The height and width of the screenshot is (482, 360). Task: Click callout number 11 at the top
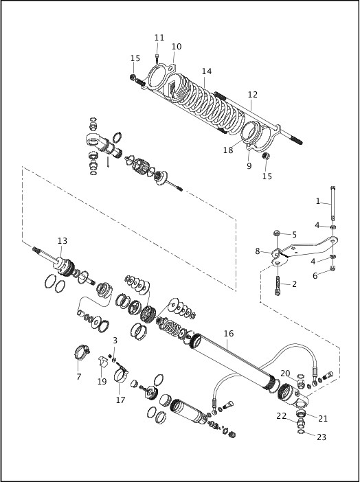pyautogui.click(x=159, y=37)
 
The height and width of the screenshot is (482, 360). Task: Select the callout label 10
pyautogui.click(x=177, y=47)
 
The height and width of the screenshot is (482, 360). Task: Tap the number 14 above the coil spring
pyautogui.click(x=207, y=71)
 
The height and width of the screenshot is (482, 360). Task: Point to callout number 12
pyautogui.click(x=253, y=95)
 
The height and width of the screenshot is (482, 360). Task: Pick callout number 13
pyautogui.click(x=63, y=241)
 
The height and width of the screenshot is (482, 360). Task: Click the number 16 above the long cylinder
pyautogui.click(x=229, y=333)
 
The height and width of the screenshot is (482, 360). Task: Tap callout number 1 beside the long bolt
pyautogui.click(x=318, y=201)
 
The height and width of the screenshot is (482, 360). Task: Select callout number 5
pyautogui.click(x=295, y=234)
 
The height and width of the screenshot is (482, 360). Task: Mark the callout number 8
pyautogui.click(x=258, y=251)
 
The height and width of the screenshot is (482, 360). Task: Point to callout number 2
pyautogui.click(x=294, y=284)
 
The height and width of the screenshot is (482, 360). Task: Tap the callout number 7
pyautogui.click(x=78, y=377)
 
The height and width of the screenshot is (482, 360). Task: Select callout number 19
pyautogui.click(x=102, y=382)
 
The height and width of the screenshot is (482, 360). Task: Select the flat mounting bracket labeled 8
pyautogui.click(x=302, y=246)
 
